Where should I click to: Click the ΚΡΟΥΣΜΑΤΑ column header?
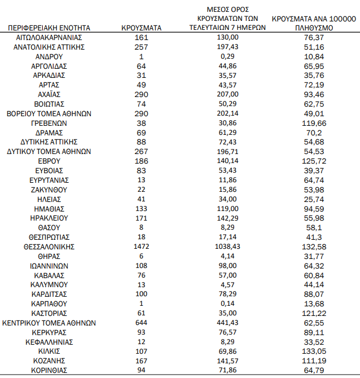pyautogui.click(x=142, y=27)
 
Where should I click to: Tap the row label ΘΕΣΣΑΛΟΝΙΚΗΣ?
pyautogui.click(x=50, y=247)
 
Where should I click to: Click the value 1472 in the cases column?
pyautogui.click(x=142, y=247)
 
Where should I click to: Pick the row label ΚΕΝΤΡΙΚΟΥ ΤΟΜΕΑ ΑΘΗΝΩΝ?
pyautogui.click(x=50, y=323)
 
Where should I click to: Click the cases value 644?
pyautogui.click(x=142, y=323)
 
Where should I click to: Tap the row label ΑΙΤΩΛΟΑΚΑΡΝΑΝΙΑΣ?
pyautogui.click(x=50, y=37)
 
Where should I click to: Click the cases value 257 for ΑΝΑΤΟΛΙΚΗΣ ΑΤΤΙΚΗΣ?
pyautogui.click(x=142, y=47)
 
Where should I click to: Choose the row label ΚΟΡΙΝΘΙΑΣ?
pyautogui.click(x=50, y=371)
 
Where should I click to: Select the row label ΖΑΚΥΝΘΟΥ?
pyautogui.click(x=50, y=190)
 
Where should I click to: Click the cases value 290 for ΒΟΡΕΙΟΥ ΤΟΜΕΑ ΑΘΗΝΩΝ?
pyautogui.click(x=142, y=113)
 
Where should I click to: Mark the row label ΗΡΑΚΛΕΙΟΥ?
pyautogui.click(x=50, y=218)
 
